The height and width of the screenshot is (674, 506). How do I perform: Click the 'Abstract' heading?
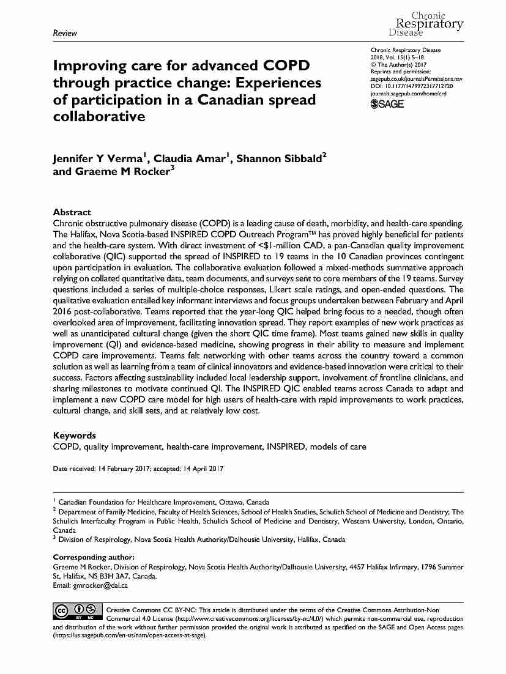point(72,212)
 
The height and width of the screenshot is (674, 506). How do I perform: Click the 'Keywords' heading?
point(75,435)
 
